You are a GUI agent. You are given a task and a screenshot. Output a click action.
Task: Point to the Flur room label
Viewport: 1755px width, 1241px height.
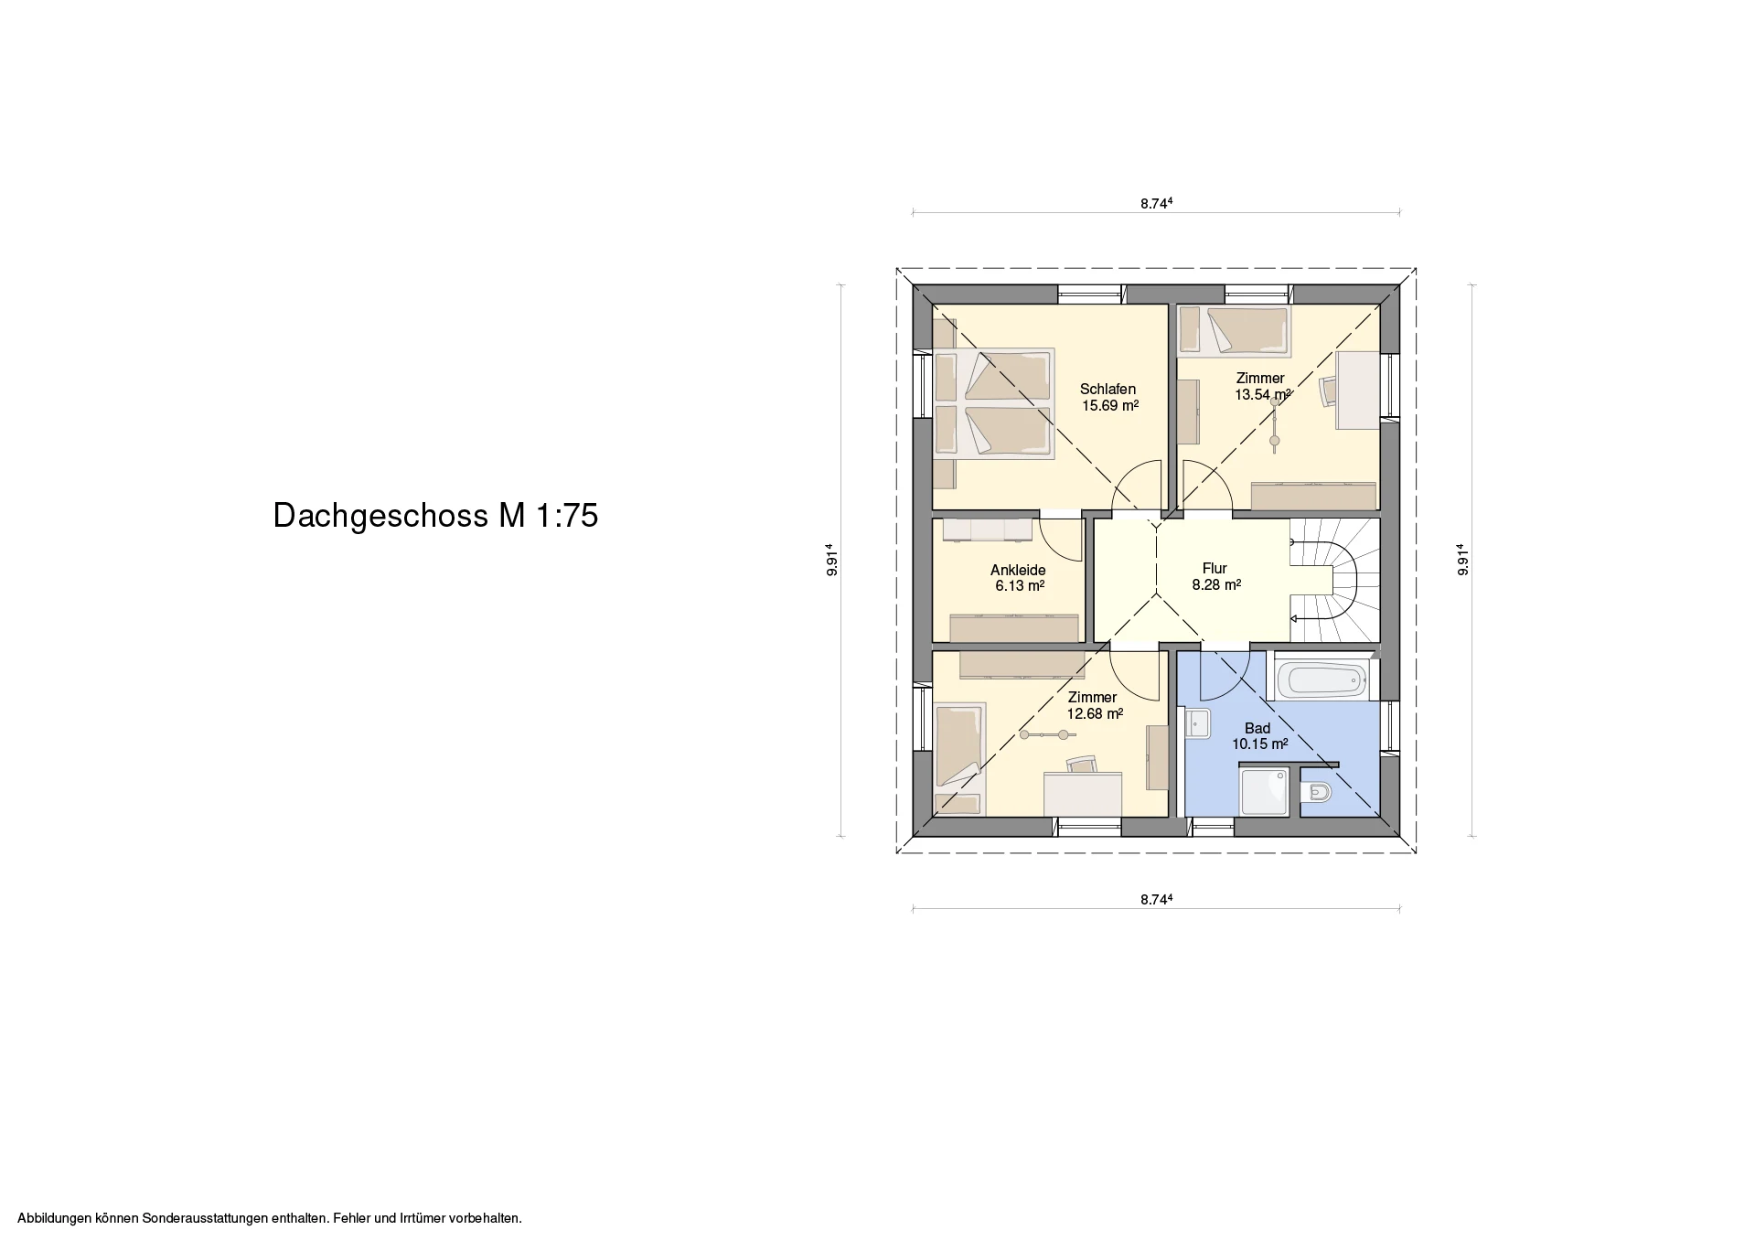[1215, 568]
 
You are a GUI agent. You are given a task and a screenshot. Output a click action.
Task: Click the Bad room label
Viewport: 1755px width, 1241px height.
[1257, 729]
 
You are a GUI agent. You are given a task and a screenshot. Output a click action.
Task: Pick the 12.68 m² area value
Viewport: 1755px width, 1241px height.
[1096, 714]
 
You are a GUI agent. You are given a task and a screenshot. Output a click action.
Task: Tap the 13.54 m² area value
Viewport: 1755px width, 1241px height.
[1263, 395]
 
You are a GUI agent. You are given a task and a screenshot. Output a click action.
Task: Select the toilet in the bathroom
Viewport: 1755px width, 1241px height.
[1317, 792]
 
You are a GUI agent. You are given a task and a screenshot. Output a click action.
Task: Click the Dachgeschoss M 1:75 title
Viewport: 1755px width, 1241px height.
[435, 516]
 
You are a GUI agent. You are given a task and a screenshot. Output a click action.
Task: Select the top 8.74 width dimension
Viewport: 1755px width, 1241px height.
[1156, 204]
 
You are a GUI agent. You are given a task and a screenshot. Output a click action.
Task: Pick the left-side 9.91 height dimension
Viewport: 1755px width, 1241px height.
[832, 560]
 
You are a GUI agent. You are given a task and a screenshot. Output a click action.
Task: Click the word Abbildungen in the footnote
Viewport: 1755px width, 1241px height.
[54, 1218]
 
